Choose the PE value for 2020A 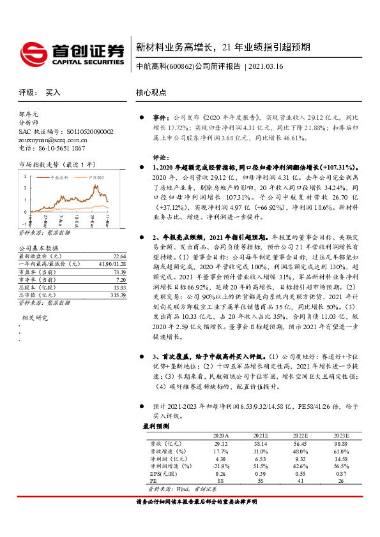click(221, 481)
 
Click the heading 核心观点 click(152, 92)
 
